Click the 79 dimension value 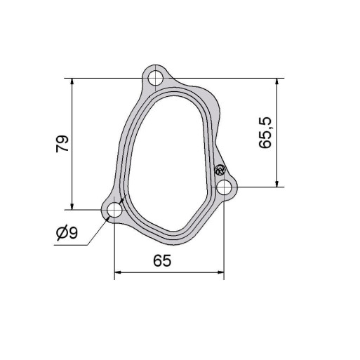62,144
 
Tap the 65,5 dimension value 265,133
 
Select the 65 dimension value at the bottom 162,260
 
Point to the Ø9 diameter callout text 67,232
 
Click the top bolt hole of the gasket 156,78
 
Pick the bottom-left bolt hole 114,210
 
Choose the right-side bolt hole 224,187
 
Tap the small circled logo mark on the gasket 220,170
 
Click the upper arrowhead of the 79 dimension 72,81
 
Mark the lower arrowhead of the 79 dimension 72,206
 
